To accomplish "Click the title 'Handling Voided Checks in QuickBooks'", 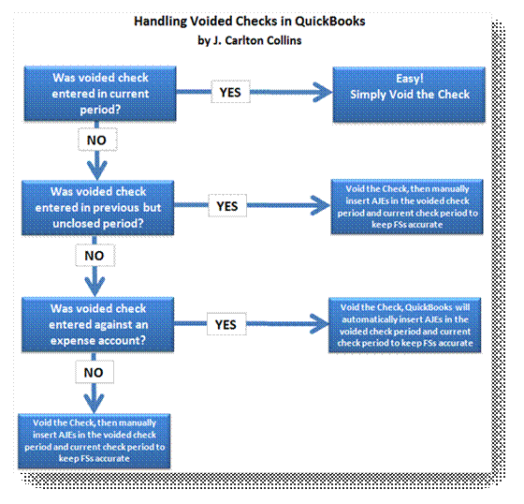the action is tap(249, 22).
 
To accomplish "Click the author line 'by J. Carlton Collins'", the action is tap(249, 40).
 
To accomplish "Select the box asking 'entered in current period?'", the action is tap(100, 94).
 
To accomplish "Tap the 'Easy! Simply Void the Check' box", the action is tap(409, 95).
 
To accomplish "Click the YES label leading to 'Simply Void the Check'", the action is tap(230, 92).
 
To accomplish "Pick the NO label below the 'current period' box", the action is tap(97, 140).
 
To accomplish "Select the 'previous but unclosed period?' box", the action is tap(98, 207).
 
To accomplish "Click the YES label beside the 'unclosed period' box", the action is tap(227, 206).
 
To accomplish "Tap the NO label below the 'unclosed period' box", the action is tap(95, 256).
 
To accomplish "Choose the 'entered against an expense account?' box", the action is tap(98, 325).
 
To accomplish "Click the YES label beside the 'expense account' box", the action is tap(226, 324).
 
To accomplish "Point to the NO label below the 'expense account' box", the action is tap(95, 372).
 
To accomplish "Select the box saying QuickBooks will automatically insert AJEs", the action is tap(404, 325).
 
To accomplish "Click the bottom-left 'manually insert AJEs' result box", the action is tap(95, 440).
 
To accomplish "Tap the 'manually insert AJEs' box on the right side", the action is tap(407, 206).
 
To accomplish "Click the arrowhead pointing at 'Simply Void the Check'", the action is tap(323, 92).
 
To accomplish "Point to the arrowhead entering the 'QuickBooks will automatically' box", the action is tap(319, 323).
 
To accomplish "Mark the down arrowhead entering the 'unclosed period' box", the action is tap(97, 170).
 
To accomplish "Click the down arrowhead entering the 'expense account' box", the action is tap(95, 287).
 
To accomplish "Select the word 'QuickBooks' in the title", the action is tap(329, 22).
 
